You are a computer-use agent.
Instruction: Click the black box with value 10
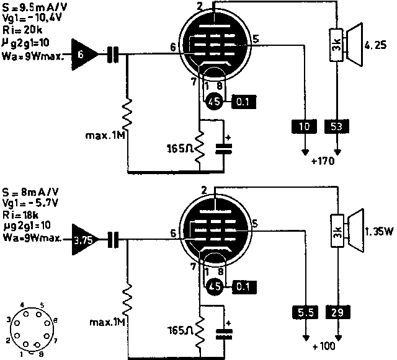(303, 127)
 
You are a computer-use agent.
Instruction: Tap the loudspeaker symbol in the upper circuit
(357, 43)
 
